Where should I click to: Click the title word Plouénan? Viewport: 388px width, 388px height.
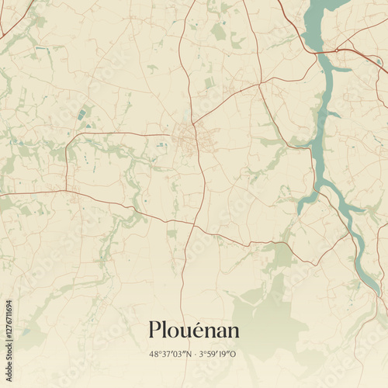[x=193, y=331]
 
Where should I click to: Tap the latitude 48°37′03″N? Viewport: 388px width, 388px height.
[x=170, y=355]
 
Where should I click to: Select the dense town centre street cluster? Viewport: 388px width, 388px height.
[x=187, y=139]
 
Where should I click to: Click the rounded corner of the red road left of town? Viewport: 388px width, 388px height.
[x=68, y=144]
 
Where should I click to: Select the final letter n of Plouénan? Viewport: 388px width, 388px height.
[x=233, y=331]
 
